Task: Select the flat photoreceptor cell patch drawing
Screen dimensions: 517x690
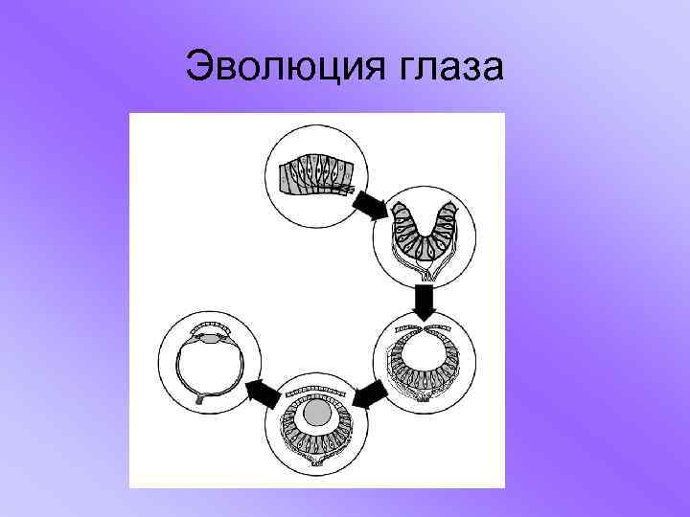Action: (x=315, y=175)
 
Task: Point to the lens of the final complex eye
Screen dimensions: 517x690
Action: (x=212, y=337)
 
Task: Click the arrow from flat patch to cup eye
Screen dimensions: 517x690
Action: (x=368, y=204)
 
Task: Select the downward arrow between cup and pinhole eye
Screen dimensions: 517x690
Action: (x=424, y=302)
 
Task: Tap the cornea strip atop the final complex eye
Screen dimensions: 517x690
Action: (x=212, y=323)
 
